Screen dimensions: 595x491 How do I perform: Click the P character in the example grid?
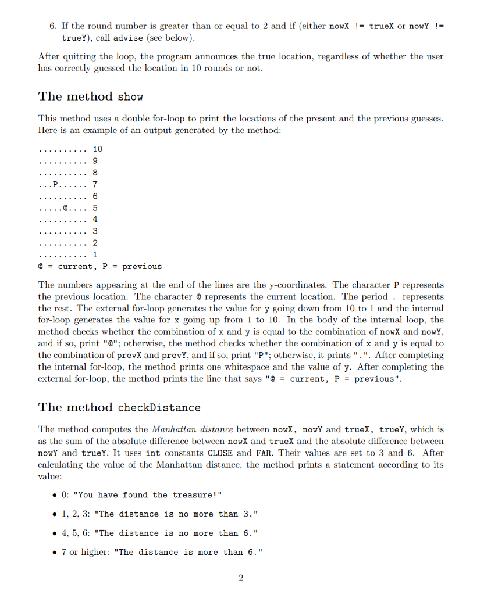[56, 184]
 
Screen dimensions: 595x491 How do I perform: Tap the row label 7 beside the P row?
[95, 184]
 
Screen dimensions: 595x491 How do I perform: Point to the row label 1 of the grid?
[95, 255]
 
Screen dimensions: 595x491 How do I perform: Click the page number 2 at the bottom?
[241, 577]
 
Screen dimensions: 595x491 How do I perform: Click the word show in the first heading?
[130, 96]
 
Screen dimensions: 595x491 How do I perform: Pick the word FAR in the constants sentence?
[261, 453]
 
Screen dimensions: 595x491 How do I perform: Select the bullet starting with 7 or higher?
[161, 552]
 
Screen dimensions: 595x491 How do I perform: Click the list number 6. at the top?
[52, 26]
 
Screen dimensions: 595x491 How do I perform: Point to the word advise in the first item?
[127, 38]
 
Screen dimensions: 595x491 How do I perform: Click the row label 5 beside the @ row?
[95, 207]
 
